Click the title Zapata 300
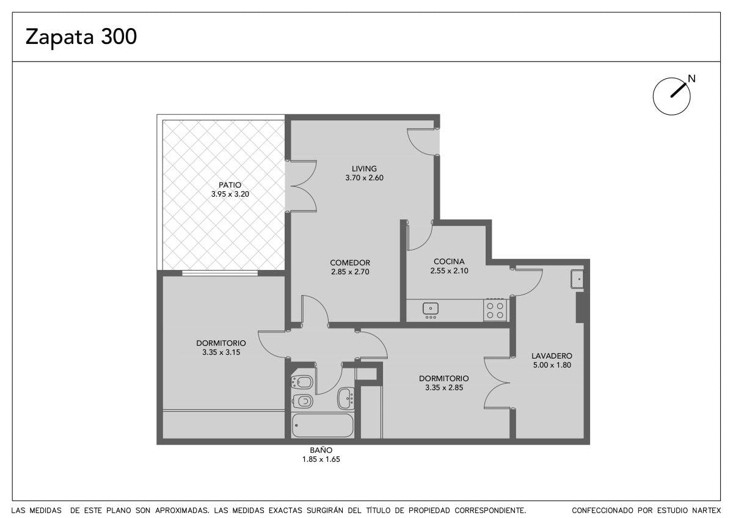[81, 37]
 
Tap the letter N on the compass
[691, 79]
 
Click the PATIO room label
[230, 185]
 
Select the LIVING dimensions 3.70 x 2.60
[364, 178]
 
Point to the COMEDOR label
[350, 263]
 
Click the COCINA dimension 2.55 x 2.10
[449, 271]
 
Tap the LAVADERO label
[552, 356]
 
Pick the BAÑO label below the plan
[321, 450]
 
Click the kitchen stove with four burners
[495, 310]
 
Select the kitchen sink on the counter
[430, 308]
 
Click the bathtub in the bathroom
[323, 425]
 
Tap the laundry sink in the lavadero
[577, 279]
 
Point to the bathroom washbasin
[346, 398]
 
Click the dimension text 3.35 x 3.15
[221, 352]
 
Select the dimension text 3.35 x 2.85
[444, 388]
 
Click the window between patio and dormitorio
[220, 273]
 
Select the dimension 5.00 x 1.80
[552, 365]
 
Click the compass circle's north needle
[678, 90]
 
